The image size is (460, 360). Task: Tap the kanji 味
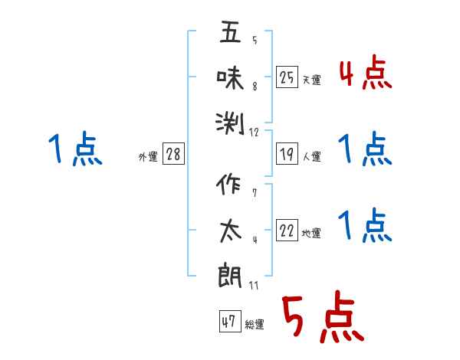point(231,77)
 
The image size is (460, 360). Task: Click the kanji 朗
point(231,275)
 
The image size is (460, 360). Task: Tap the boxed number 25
point(287,77)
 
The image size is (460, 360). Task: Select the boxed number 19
point(287,155)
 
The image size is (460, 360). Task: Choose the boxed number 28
point(174,155)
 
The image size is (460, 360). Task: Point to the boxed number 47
point(228,322)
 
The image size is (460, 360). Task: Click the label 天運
point(311,80)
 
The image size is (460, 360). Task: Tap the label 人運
point(311,157)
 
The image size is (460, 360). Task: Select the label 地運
point(311,234)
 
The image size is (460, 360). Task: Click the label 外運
point(148,157)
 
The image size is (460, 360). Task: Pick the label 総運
point(254,324)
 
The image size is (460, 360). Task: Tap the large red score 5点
point(321,318)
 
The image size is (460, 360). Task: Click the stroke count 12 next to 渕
point(255,133)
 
